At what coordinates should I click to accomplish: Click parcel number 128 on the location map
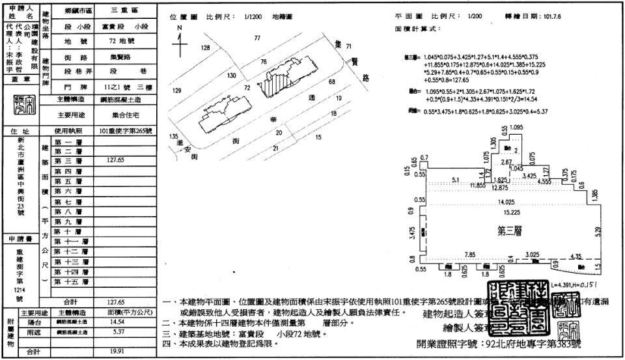point(206,48)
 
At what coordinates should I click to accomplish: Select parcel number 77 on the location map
point(257,39)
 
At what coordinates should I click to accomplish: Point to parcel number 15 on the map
point(318,137)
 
